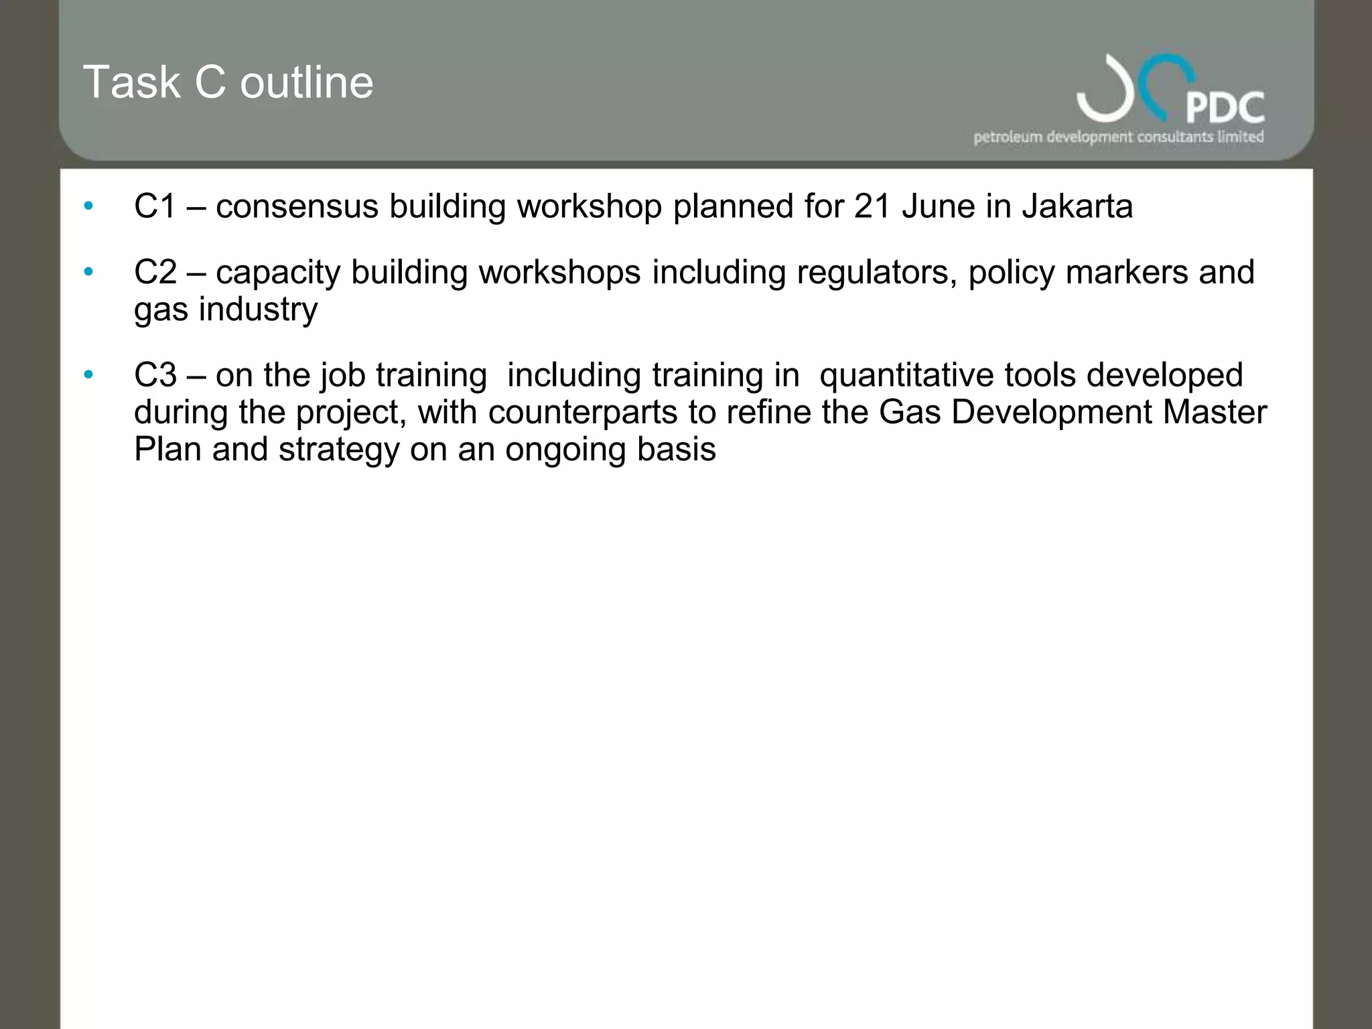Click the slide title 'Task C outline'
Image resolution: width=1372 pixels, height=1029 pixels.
click(x=228, y=82)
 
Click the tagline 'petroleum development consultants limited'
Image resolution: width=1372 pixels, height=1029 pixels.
click(x=1118, y=137)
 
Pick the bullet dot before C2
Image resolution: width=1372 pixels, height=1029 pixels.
click(x=88, y=272)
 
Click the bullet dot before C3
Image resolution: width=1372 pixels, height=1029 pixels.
click(x=88, y=374)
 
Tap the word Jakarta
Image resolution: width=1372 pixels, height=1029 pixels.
click(x=1077, y=206)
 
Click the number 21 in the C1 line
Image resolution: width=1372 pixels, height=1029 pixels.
click(x=872, y=206)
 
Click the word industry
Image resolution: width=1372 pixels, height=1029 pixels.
click(x=258, y=310)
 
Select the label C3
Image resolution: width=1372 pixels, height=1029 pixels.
click(x=155, y=375)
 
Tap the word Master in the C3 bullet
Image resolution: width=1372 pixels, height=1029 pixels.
click(x=1215, y=412)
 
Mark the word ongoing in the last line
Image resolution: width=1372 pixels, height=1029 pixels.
click(x=565, y=450)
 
